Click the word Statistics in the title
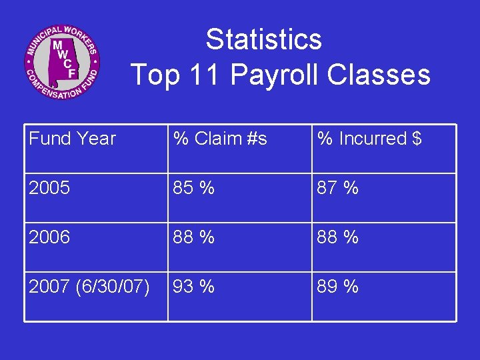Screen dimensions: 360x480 [x=263, y=39]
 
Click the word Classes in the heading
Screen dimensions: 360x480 [x=379, y=74]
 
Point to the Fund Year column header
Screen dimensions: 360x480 [x=73, y=139]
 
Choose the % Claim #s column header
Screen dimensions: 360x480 [x=220, y=139]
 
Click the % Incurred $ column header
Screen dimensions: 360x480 [x=369, y=139]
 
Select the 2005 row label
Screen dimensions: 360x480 [x=49, y=188]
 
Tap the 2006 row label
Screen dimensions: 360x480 [x=49, y=237]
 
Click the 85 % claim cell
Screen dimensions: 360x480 [x=193, y=188]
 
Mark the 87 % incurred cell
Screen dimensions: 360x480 [x=337, y=188]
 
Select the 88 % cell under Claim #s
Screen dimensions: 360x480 [x=193, y=237]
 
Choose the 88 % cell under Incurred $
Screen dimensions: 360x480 [x=337, y=237]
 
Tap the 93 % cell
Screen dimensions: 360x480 [x=193, y=287]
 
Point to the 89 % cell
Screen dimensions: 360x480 [x=337, y=287]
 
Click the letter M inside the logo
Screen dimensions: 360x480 [x=58, y=45]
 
